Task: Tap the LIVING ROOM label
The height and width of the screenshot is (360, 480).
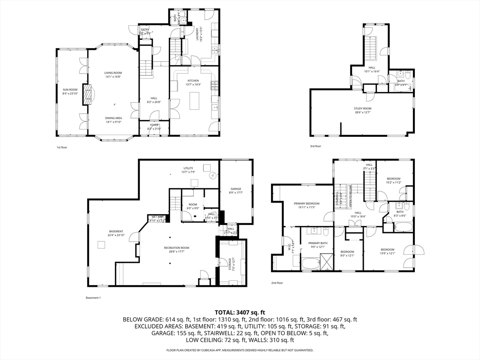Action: click(113, 73)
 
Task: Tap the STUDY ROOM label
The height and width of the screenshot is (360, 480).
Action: click(362, 108)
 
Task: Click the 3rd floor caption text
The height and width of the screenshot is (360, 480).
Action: click(315, 146)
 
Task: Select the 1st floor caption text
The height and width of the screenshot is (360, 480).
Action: click(62, 147)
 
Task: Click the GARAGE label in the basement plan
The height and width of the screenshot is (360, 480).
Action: click(236, 188)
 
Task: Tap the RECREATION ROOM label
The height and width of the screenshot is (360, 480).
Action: click(176, 247)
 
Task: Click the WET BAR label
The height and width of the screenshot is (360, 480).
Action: click(157, 217)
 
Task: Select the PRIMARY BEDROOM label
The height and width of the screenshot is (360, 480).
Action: click(307, 203)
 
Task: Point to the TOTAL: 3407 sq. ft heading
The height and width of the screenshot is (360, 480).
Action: click(240, 312)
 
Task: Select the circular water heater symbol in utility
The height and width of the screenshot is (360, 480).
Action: click(213, 176)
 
